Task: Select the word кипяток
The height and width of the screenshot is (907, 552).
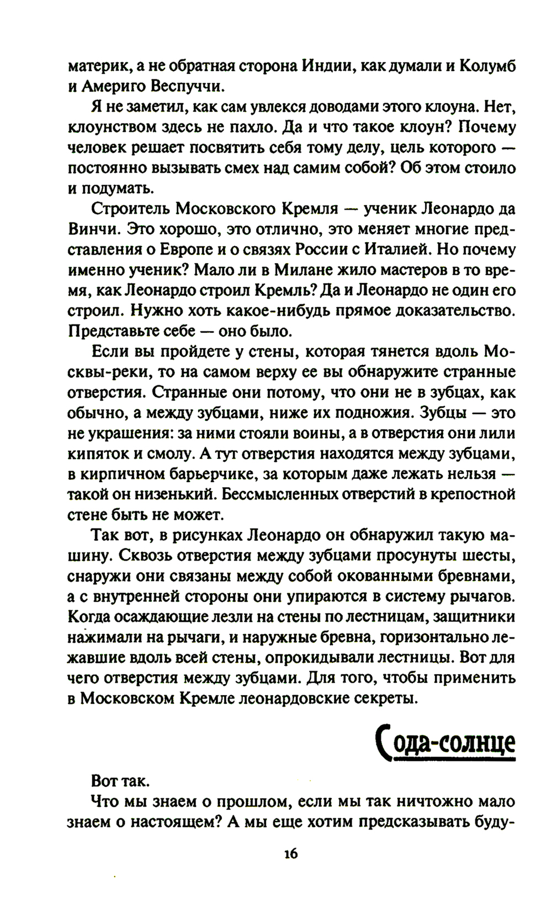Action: coord(94,453)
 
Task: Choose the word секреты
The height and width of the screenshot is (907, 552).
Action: coord(376,698)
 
